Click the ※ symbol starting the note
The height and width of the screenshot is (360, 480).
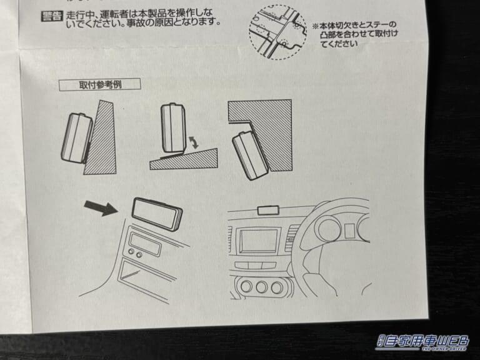(x=316, y=26)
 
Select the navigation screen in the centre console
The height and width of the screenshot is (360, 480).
(x=259, y=241)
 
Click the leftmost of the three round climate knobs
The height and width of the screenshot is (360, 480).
(x=244, y=287)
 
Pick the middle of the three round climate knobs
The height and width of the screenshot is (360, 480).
(x=261, y=287)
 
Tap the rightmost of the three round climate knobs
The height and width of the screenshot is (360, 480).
(x=278, y=287)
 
